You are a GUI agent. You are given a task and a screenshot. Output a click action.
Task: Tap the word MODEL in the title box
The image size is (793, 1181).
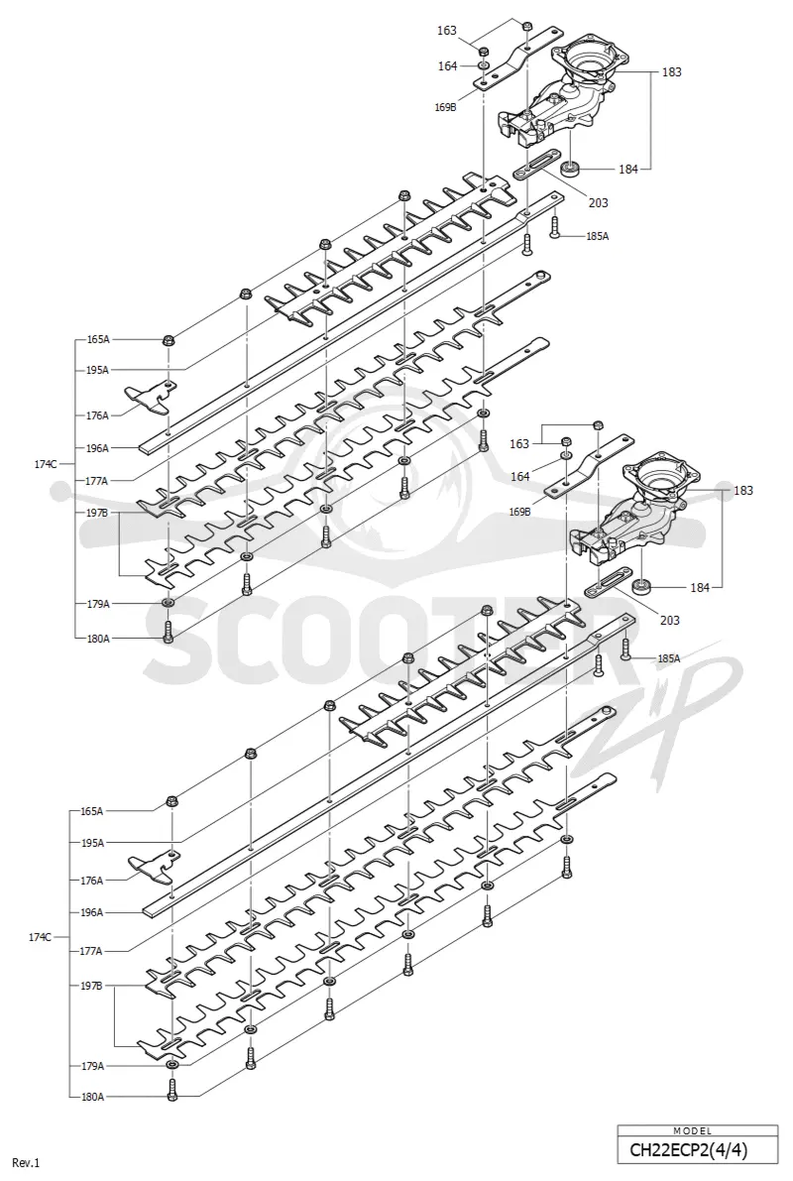pyautogui.click(x=697, y=1129)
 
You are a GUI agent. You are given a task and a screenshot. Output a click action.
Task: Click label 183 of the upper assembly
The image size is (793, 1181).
pyautogui.click(x=672, y=72)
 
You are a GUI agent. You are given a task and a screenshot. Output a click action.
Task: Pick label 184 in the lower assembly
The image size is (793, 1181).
pyautogui.click(x=700, y=587)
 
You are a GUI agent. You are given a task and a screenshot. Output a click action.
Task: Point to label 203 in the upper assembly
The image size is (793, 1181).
pyautogui.click(x=598, y=202)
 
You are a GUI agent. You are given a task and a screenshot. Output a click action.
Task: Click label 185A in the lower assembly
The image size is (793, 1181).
pyautogui.click(x=668, y=658)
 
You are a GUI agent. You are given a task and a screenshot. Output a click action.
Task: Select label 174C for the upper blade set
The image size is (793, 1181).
pyautogui.click(x=45, y=464)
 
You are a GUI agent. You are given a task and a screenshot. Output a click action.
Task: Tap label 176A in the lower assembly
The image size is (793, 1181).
pyautogui.click(x=91, y=880)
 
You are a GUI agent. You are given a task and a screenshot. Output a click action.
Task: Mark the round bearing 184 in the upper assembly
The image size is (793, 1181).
pyautogui.click(x=573, y=168)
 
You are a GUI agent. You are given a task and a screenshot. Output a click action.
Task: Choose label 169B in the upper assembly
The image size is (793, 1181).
pyautogui.click(x=445, y=107)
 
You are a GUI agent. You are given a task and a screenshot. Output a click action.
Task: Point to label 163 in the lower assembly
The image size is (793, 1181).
pyautogui.click(x=519, y=443)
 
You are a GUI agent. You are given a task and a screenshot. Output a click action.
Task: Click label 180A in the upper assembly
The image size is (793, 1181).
pyautogui.click(x=98, y=638)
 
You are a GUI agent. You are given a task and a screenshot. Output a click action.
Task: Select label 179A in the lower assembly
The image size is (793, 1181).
pyautogui.click(x=92, y=1066)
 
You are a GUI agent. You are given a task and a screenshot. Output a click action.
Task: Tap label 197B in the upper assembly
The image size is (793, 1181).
pyautogui.click(x=97, y=513)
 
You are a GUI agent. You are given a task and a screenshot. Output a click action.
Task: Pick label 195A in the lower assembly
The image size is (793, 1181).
pyautogui.click(x=92, y=843)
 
